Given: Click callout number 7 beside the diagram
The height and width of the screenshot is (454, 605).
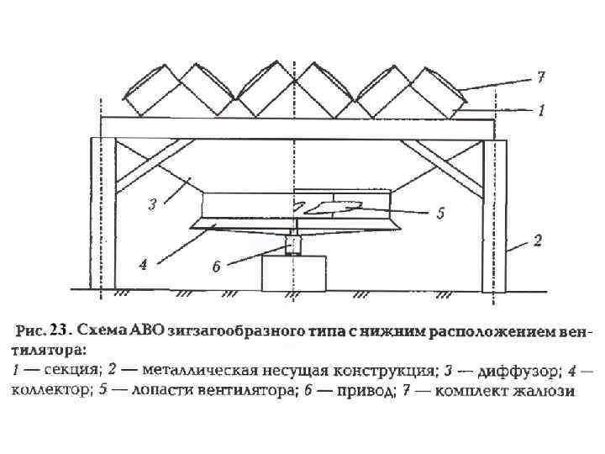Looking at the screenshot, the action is coord(542,77).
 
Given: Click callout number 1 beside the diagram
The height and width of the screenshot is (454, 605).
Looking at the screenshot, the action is coord(542,109).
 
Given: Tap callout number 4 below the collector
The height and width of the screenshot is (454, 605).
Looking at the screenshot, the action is coord(144,264).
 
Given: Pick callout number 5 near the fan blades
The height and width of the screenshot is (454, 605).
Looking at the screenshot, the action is coord(439,213).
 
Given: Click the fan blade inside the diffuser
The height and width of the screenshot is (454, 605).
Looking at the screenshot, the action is coord(332,206).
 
